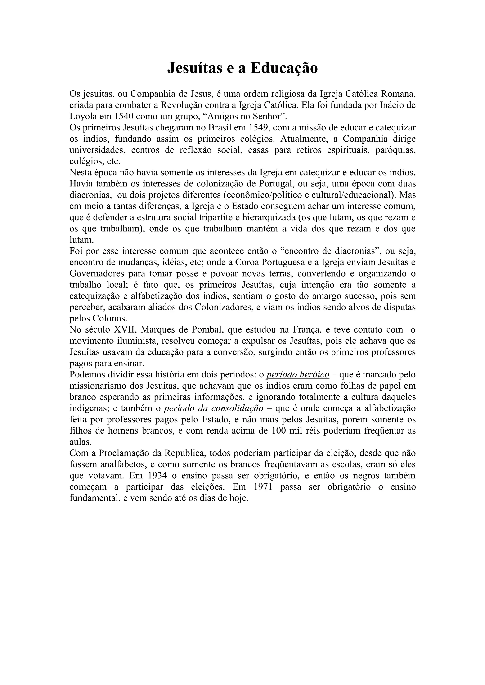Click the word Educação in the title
tap(284, 68)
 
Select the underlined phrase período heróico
tap(298, 375)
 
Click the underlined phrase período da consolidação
tap(214, 408)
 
